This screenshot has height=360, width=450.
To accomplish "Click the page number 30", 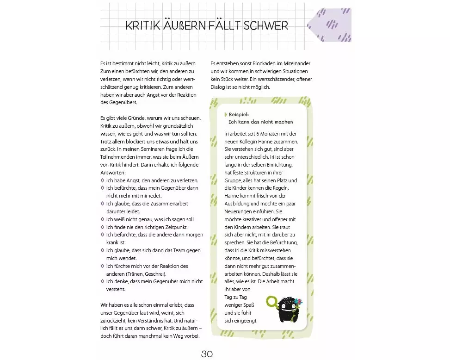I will pyautogui.click(x=207, y=354).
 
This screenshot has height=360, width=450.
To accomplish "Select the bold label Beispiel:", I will pyautogui.click(x=239, y=114).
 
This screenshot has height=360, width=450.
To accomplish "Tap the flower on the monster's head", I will pyautogui.click(x=298, y=301).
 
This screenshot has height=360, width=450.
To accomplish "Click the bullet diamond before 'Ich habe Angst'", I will pyautogui.click(x=102, y=180).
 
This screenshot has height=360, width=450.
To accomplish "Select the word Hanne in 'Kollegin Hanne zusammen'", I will pyautogui.click(x=271, y=141).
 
